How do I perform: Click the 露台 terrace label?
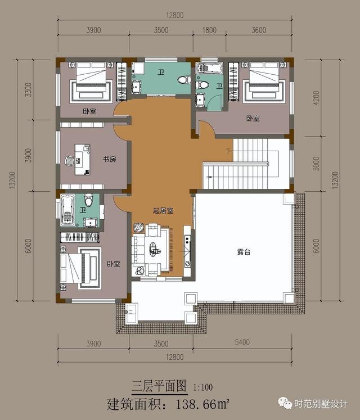(244, 252)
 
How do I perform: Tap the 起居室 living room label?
(163, 210)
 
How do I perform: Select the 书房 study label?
(110, 159)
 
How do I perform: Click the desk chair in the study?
(69, 161)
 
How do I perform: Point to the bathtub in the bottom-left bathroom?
(67, 210)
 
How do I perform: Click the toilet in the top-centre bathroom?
(184, 80)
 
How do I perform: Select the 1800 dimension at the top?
(209, 30)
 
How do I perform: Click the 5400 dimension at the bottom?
(242, 342)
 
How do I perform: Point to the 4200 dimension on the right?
(316, 98)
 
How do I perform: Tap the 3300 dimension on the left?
(28, 90)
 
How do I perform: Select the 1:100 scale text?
(203, 387)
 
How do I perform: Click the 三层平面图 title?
(159, 386)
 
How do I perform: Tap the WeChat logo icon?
(285, 403)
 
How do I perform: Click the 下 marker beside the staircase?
(228, 151)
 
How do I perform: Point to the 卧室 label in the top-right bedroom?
(253, 118)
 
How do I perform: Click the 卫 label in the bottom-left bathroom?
(83, 210)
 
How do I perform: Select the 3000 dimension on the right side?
(316, 164)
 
